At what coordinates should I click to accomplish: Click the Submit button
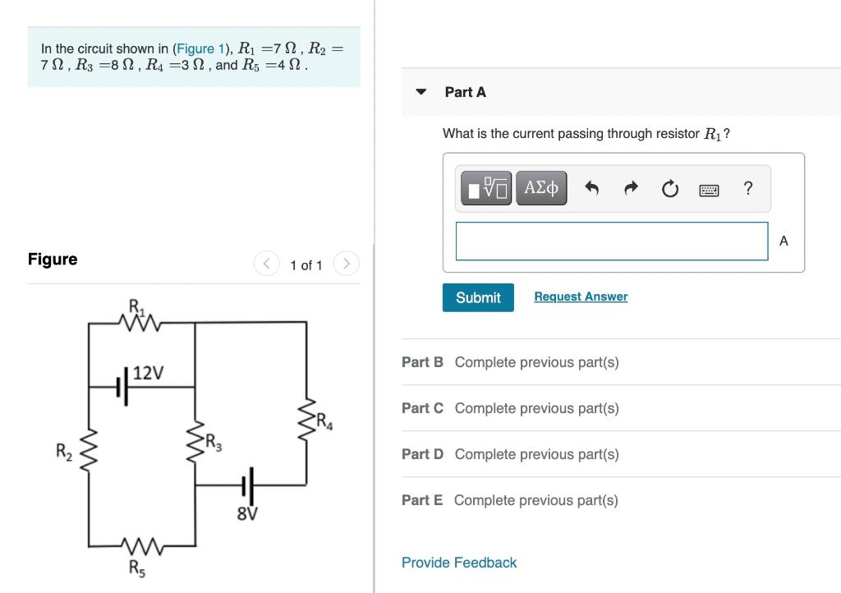tap(478, 297)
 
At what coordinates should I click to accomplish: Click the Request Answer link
tap(580, 296)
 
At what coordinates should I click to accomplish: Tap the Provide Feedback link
tap(459, 563)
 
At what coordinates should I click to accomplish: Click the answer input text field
tap(611, 241)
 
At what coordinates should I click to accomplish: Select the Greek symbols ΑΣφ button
tap(541, 188)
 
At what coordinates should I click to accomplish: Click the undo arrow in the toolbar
tap(591, 189)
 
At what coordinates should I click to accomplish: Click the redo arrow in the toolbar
tap(631, 189)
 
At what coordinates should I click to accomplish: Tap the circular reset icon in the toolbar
tap(669, 189)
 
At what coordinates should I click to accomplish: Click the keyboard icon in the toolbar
tap(709, 190)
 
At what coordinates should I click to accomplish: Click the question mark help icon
tap(747, 188)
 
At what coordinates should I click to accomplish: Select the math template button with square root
tap(486, 188)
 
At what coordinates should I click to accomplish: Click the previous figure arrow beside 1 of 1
tap(265, 264)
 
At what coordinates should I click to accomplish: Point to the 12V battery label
tap(148, 373)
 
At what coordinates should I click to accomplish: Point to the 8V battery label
tap(247, 515)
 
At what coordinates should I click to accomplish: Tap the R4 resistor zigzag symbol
tap(306, 419)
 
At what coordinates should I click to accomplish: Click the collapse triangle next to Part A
tap(421, 92)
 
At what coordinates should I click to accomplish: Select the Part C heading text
tap(422, 408)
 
